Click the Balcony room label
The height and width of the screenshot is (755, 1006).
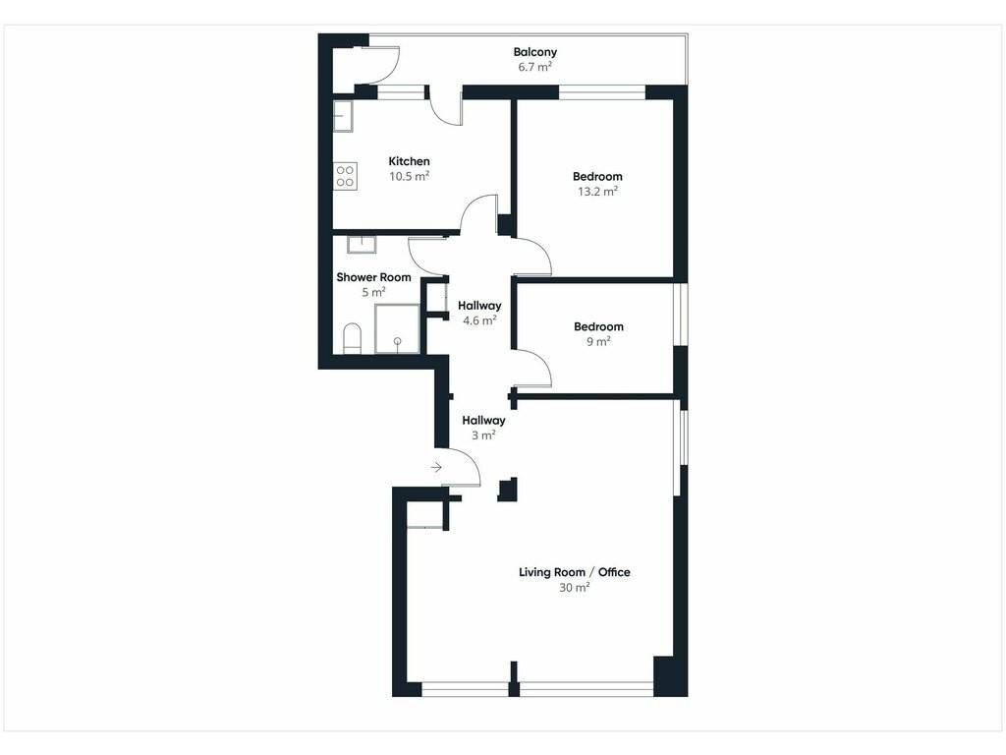[535, 52]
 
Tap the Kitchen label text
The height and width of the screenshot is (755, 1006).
[410, 161]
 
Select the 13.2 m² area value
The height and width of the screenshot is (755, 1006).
[597, 191]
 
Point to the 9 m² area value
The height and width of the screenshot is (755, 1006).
[598, 341]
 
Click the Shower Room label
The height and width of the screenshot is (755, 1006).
[373, 277]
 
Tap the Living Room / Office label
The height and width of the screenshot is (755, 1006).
[574, 572]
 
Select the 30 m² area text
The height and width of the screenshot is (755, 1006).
[574, 587]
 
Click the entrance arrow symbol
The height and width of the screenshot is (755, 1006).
[436, 467]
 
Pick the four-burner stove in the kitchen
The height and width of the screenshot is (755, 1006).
[345, 176]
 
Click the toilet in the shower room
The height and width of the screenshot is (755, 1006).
[353, 338]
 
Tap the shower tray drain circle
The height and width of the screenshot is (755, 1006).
[398, 340]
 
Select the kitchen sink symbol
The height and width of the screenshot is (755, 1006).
[343, 116]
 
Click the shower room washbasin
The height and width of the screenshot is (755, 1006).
[362, 244]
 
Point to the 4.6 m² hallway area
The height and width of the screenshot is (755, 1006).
[479, 319]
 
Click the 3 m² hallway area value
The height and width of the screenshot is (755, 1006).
[483, 435]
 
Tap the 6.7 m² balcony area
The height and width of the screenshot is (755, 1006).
[535, 66]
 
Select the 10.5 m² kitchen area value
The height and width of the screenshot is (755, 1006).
[410, 176]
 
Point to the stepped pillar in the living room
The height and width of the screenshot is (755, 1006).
[508, 490]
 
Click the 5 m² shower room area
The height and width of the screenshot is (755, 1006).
[373, 292]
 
